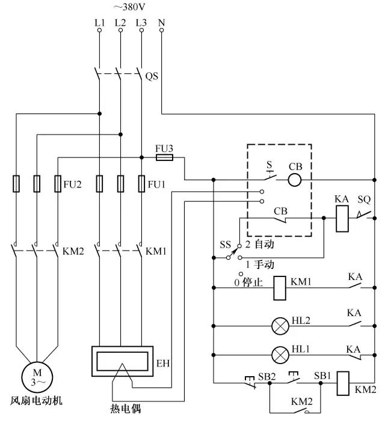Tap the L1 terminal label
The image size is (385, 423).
99,23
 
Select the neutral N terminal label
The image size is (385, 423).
161,23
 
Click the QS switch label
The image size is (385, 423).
153,76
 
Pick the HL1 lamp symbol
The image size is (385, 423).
280,353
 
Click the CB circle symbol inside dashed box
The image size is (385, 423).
294,179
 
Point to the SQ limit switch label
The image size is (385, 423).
365,199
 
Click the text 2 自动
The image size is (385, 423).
259,246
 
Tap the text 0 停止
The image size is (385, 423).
248,281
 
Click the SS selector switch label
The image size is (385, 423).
225,245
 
